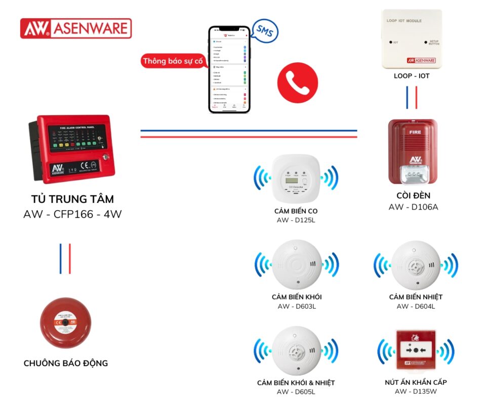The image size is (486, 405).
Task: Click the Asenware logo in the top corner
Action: pyautogui.click(x=76, y=28)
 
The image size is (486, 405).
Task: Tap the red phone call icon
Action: pyautogui.click(x=297, y=83)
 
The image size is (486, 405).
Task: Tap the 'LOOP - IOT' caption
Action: pyautogui.click(x=412, y=76)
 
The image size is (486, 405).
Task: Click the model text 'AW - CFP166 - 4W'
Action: pyautogui.click(x=72, y=214)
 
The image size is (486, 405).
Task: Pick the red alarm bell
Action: pyautogui.click(x=65, y=322)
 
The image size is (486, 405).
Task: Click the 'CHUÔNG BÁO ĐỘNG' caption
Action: pyautogui.click(x=66, y=363)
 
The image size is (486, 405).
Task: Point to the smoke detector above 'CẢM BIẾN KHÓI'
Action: pyautogui.click(x=296, y=264)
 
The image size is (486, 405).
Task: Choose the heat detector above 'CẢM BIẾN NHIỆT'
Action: pyautogui.click(x=416, y=264)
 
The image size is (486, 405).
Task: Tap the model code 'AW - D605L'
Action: pyautogui.click(x=296, y=392)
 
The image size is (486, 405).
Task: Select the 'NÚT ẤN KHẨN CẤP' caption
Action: pyautogui.click(x=416, y=382)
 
